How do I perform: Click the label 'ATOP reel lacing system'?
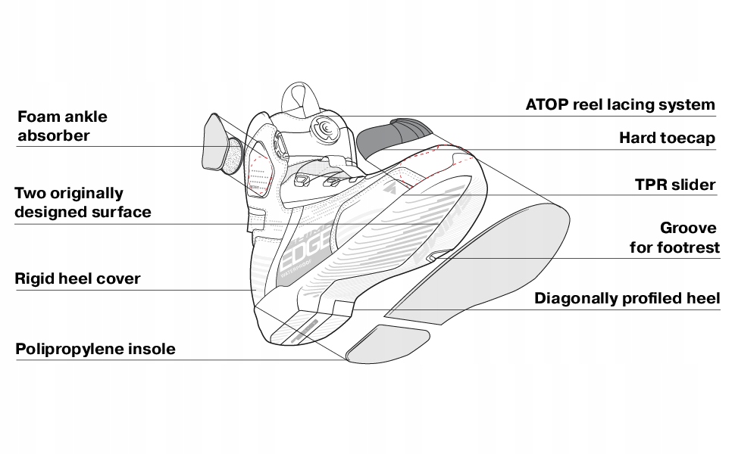620,104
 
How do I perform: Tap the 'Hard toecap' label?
667,138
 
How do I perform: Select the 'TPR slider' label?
675,185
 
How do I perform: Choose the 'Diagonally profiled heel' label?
627,298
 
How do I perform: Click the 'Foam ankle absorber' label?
62,126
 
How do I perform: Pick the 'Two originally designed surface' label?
83,203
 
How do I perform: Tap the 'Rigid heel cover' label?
77,279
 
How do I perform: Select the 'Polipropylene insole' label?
95,349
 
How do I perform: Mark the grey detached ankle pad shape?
217,144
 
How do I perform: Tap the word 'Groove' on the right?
688,228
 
